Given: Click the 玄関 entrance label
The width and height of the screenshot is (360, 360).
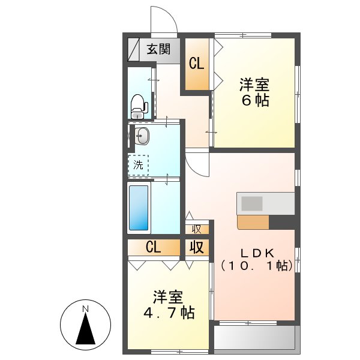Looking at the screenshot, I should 158,49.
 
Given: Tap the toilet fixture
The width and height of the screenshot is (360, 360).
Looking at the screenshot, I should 139,106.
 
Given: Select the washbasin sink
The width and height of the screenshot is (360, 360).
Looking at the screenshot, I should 142,136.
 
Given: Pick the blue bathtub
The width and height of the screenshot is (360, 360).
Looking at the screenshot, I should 139,208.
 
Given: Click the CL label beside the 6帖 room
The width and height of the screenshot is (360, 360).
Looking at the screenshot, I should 196,63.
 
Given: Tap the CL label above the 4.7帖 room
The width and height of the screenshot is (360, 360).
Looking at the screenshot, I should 153,247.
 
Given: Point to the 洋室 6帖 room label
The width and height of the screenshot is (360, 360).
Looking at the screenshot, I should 254,91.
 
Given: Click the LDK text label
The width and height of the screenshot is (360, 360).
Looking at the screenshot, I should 257,253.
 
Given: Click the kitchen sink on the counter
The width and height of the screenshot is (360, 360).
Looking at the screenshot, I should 252,203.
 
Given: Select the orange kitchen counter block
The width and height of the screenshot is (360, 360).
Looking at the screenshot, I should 253,222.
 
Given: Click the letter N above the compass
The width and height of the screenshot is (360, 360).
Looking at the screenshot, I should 86,309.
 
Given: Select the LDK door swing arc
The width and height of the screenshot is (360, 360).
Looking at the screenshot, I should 196,161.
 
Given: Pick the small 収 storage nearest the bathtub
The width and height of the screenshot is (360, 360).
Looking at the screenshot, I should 196,229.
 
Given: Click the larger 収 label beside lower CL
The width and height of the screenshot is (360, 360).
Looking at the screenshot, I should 196,247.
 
